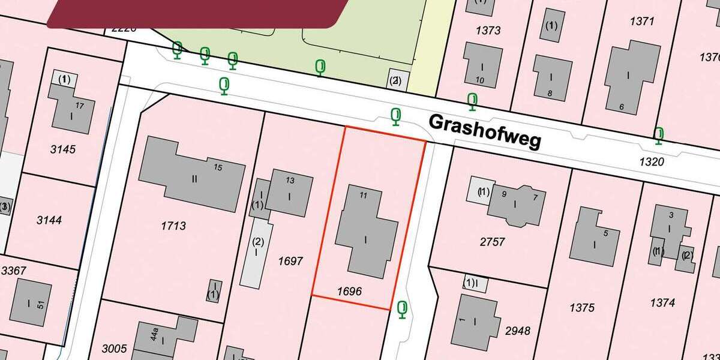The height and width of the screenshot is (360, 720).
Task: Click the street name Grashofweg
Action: (x=485, y=131)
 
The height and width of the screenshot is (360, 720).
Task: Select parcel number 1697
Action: (x=291, y=261)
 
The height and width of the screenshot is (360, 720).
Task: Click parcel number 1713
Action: (x=173, y=226)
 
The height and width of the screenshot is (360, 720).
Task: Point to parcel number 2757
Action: (x=493, y=242)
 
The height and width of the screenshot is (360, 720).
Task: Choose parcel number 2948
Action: (x=518, y=331)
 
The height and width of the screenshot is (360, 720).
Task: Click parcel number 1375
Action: (x=582, y=308)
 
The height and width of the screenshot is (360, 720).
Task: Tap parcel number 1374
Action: (x=662, y=303)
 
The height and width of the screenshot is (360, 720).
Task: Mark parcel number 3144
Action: (x=49, y=220)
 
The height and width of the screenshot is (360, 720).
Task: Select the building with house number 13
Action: (x=290, y=192)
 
